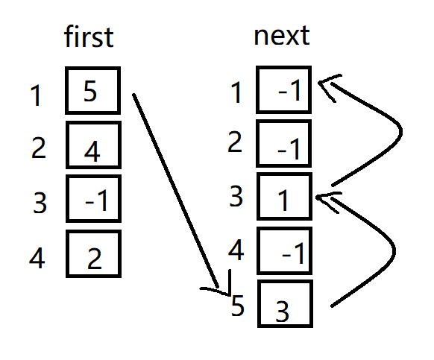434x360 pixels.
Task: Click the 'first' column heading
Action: pos(89,37)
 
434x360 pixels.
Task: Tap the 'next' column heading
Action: pos(281,36)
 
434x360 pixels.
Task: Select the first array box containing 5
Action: pos(92,90)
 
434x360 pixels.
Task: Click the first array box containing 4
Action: pos(93,145)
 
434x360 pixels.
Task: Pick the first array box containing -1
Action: pos(93,198)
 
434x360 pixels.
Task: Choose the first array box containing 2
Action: pos(93,253)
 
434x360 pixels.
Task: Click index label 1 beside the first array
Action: pos(36,95)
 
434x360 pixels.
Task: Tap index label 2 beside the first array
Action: pos(39,148)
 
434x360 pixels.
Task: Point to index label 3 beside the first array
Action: pos(40,203)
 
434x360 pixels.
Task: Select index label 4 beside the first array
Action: pos(37,258)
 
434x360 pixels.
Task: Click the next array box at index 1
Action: pos(283,89)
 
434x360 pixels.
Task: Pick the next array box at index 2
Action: pos(283,143)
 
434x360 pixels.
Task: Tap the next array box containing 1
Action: pos(284,197)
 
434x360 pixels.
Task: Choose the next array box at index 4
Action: pos(284,250)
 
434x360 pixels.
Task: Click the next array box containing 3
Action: pos(285,303)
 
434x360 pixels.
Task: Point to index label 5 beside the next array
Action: pos(237,306)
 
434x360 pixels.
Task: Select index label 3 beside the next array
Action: pos(236,196)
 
